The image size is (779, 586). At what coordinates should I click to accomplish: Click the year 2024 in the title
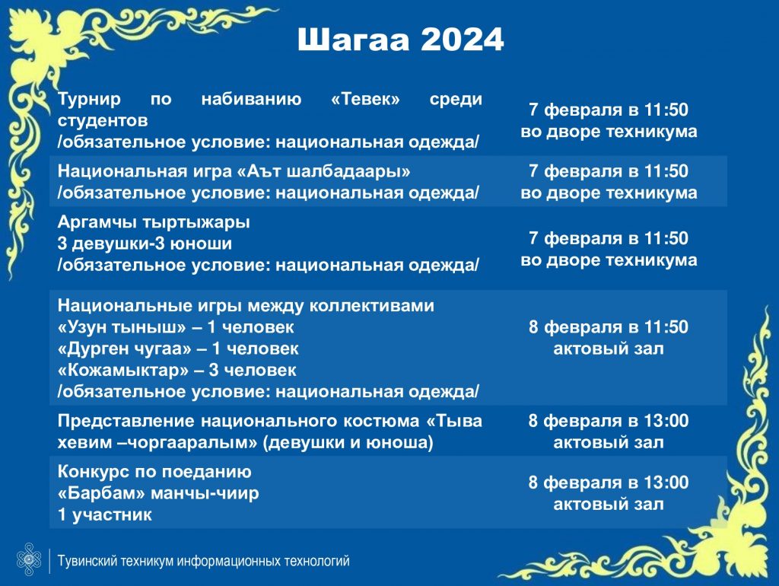(463, 40)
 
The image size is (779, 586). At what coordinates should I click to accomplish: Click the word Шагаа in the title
(353, 40)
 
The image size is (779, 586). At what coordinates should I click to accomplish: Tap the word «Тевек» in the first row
(365, 99)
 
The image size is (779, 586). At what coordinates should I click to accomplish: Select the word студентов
(103, 120)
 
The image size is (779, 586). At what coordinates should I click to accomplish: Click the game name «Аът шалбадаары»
(323, 171)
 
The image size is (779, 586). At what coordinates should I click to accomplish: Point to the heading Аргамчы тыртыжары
(154, 222)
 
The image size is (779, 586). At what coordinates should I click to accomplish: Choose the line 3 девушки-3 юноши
(145, 244)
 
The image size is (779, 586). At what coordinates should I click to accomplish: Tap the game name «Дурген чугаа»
(125, 349)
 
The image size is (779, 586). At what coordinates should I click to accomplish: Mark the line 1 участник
(105, 514)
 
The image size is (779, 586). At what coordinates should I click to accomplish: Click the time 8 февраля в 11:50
(609, 327)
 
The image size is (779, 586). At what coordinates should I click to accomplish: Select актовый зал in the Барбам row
(609, 504)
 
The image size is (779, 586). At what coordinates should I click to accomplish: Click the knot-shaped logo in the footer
(29, 559)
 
